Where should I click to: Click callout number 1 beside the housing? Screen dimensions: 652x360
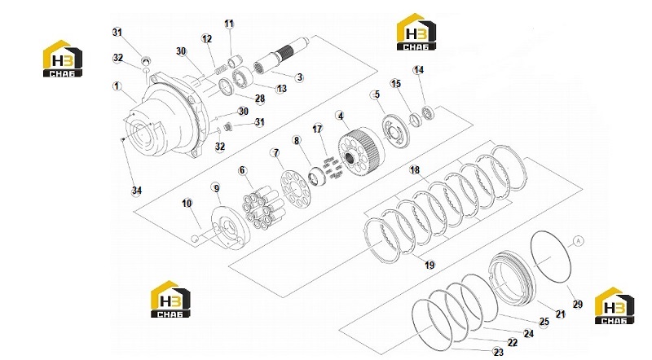tap(117, 86)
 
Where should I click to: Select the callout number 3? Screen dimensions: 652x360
tap(299, 77)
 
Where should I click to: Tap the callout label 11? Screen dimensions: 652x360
tap(229, 24)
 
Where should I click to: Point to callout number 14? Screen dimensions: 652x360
tap(418, 70)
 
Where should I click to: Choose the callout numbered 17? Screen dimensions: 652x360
tap(317, 129)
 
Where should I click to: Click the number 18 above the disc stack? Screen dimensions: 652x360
tap(415, 169)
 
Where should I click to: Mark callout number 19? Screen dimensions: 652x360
tap(430, 265)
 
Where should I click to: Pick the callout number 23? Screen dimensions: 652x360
tap(498, 353)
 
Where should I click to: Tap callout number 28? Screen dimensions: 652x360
tap(260, 99)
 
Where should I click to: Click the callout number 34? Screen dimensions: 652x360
tap(137, 191)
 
